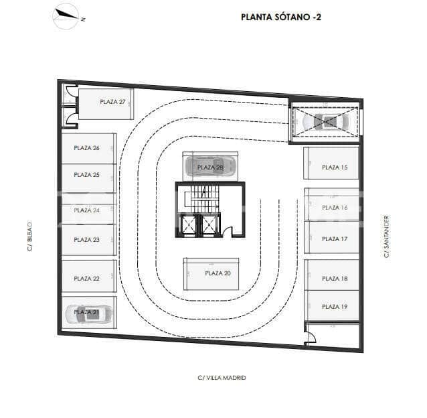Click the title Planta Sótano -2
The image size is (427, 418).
pos(280,17)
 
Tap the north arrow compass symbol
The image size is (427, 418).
pos(66,15)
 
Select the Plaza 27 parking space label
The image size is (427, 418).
pos(112,102)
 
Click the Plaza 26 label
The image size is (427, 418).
pos(87,148)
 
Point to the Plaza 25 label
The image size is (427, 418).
pos(87,175)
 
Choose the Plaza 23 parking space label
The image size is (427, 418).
pos(87,240)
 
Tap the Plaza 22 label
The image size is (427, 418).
pos(87,279)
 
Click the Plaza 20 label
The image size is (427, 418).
pos(218,273)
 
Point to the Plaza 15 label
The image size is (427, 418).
pos(335,167)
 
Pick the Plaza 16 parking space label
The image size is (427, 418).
pos(335,208)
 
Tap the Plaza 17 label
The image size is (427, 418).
pos(335,240)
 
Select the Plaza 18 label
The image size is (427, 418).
pos(335,279)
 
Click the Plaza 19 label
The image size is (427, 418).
pos(335,307)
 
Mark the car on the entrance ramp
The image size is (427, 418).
pos(327,121)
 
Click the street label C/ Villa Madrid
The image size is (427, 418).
pos(222,378)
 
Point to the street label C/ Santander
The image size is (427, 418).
pos(386,236)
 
